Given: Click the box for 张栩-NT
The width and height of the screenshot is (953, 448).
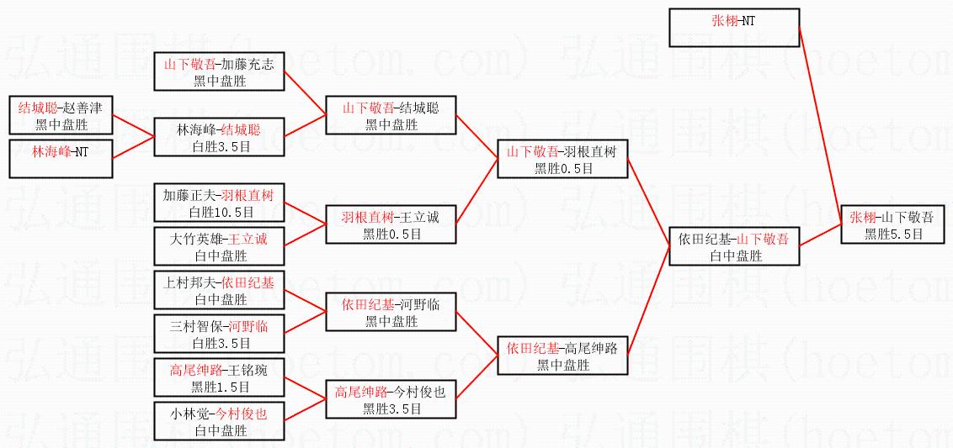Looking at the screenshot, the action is pyautogui.click(x=733, y=27).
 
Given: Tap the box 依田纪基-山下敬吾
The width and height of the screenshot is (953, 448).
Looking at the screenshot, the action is pyautogui.click(x=733, y=246).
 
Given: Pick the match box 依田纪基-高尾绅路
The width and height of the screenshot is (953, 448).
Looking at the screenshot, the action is pyautogui.click(x=562, y=356).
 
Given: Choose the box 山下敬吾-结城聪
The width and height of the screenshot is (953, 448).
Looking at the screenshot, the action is pyautogui.click(x=391, y=115).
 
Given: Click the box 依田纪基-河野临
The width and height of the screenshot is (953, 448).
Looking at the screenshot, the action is pyautogui.click(x=391, y=312).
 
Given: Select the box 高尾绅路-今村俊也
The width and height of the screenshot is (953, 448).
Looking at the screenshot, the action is pyautogui.click(x=391, y=399).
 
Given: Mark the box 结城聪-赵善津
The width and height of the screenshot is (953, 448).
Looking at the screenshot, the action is pyautogui.click(x=61, y=115).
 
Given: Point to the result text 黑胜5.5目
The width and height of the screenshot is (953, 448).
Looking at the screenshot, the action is pyautogui.click(x=893, y=234).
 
